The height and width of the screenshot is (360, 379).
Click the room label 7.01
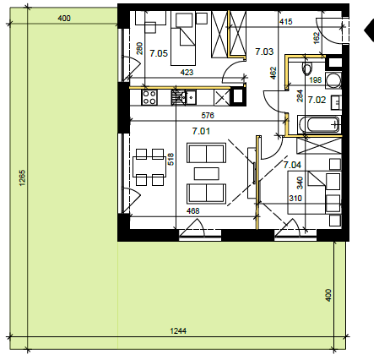[201, 131]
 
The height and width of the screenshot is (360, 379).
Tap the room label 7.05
[159, 53]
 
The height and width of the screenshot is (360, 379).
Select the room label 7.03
[264, 52]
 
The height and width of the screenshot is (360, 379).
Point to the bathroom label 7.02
[317, 100]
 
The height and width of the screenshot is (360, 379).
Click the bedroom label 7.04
[292, 165]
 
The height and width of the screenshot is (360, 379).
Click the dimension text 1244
[178, 330]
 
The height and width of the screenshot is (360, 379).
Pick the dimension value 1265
[23, 177]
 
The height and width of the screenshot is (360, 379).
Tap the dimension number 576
[208, 115]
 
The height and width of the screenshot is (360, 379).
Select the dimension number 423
[187, 73]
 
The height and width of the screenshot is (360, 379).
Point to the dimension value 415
[286, 22]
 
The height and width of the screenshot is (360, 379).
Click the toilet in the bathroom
[307, 68]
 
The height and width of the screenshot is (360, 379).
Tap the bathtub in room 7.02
[319, 124]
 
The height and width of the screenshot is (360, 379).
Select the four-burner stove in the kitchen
[149, 97]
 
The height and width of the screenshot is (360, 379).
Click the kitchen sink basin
[191, 97]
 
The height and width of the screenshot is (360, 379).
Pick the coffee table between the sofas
[207, 173]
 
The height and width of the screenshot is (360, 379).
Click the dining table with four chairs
[149, 167]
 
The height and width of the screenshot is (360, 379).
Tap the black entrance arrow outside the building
[369, 30]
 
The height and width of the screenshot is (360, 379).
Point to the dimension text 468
[193, 210]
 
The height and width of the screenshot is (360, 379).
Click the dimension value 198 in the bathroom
[315, 80]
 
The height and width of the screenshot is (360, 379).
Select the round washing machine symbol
[333, 80]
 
